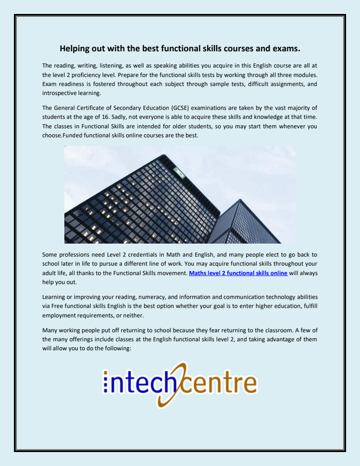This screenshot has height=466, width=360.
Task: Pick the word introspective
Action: point(62,93)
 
